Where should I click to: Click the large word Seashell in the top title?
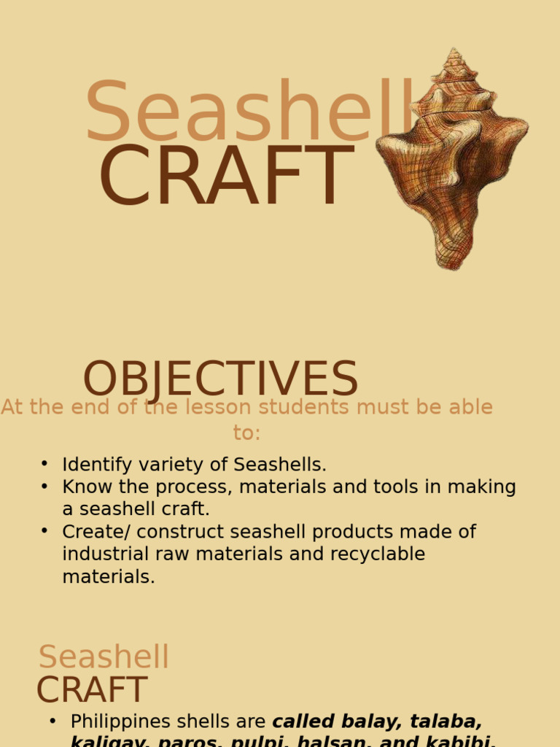(x=248, y=113)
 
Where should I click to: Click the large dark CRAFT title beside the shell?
(x=226, y=177)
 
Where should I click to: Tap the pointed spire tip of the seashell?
(x=454, y=53)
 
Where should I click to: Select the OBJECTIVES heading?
(x=220, y=380)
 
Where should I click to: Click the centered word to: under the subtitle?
(x=246, y=432)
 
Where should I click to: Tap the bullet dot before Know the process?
(x=44, y=486)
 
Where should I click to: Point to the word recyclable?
(x=377, y=554)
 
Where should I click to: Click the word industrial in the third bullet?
(x=109, y=554)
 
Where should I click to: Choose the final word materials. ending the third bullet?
(x=108, y=576)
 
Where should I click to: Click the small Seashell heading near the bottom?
(x=104, y=657)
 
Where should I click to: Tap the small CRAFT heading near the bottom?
(x=92, y=690)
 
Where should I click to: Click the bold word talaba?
(x=446, y=721)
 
